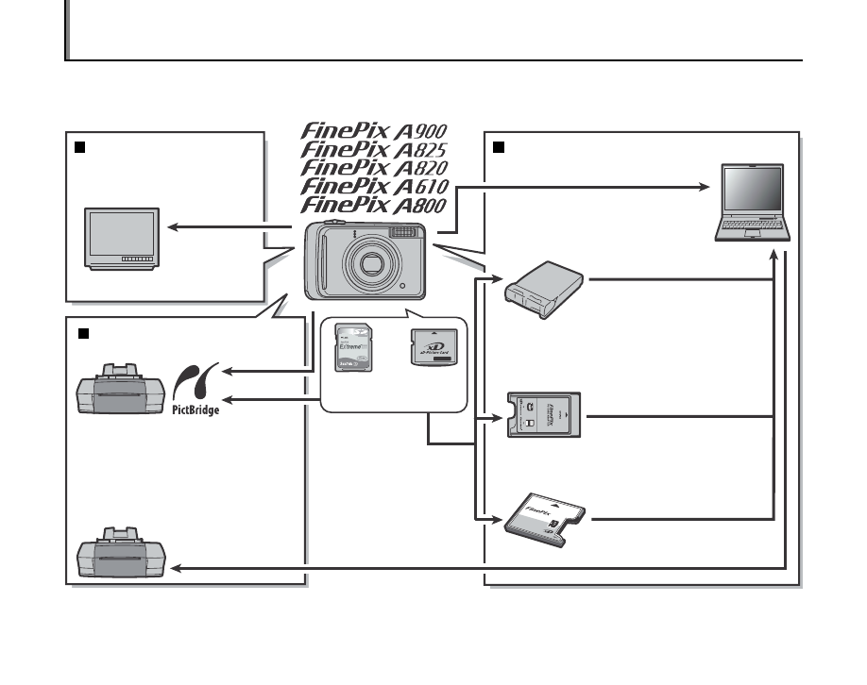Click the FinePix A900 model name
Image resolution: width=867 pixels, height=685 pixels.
(374, 131)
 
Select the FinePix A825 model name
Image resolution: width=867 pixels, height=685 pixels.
(374, 150)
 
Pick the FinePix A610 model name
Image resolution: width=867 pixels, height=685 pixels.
(374, 187)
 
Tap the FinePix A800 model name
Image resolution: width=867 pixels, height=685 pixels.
(374, 206)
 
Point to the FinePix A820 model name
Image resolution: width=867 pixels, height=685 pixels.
(374, 168)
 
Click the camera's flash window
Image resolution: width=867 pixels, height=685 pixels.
(403, 235)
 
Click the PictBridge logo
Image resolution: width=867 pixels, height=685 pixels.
(195, 391)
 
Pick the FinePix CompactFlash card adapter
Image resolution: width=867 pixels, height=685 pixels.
(545, 518)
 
